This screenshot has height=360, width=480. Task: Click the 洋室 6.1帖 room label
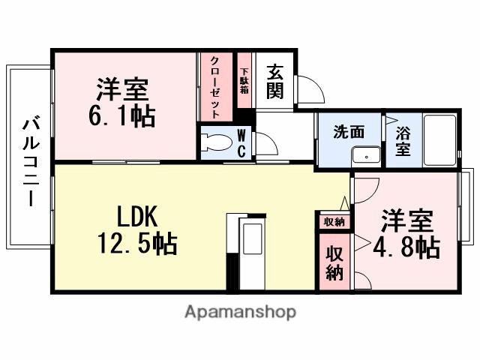point(122,104)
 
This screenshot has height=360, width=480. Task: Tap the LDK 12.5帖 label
point(136,230)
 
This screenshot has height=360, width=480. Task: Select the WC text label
point(241,142)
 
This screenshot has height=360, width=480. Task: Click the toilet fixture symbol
point(217,142)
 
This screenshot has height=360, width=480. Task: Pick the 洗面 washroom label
point(349,131)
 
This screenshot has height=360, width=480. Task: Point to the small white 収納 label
point(334,221)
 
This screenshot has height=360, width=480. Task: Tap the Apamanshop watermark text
point(241,311)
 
